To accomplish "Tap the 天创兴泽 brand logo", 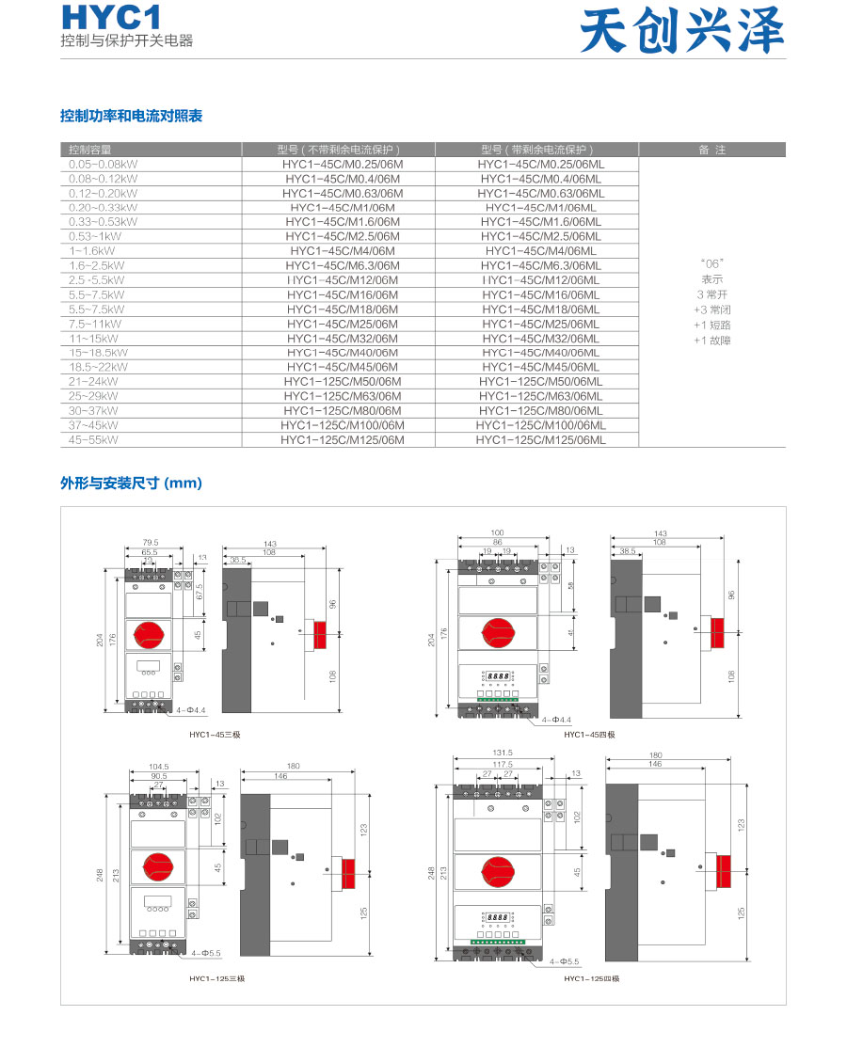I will click(681, 32).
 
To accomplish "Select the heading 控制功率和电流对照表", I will click(131, 116).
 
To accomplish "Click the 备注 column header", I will click(711, 150).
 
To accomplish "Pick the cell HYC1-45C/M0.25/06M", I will click(343, 164).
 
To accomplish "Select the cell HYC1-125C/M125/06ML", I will click(540, 439).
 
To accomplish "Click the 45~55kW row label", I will click(94, 439).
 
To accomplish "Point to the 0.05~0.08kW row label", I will click(103, 164).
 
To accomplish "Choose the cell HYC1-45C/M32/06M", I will click(343, 339).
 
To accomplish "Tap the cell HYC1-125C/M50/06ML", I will click(540, 382).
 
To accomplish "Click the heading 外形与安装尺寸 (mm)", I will click(131, 484).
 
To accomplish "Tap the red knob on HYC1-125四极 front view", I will click(498, 871).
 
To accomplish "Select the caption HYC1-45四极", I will click(589, 734).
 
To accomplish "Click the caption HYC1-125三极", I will click(216, 979).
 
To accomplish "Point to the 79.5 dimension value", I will click(150, 542).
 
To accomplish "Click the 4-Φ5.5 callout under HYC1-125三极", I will click(205, 953).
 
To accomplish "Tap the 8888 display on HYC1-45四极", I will click(497, 675).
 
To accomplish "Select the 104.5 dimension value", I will click(159, 766).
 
